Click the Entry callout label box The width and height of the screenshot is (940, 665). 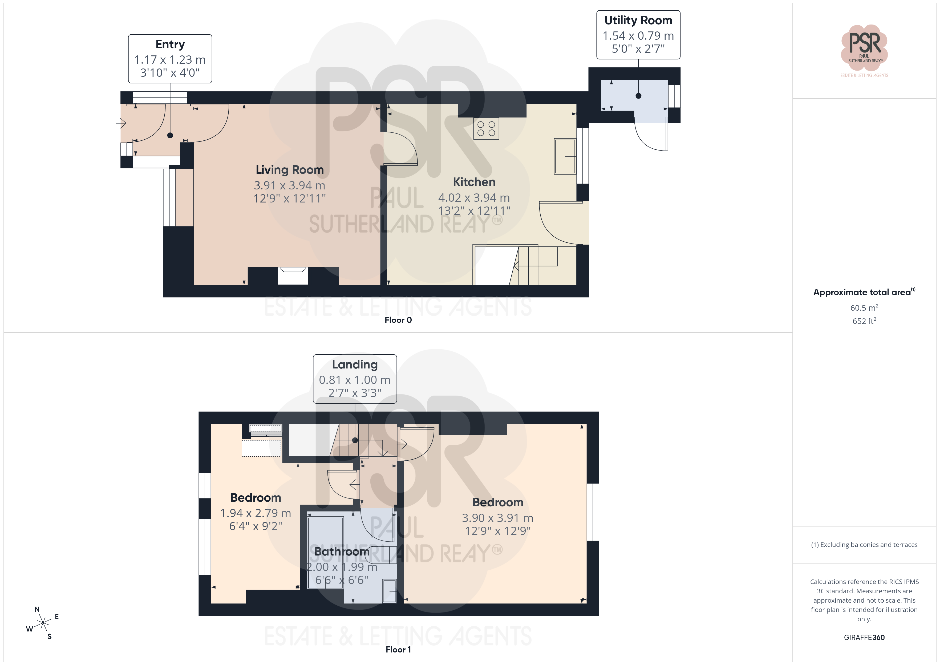(170, 59)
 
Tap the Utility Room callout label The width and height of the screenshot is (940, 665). (638, 35)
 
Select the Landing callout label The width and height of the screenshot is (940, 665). (355, 379)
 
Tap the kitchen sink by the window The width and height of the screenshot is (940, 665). (565, 156)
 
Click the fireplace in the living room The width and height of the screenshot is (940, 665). (293, 275)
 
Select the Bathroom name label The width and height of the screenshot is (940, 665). (342, 552)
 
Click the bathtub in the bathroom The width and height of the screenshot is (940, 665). (326, 553)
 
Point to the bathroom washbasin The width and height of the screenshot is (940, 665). (389, 591)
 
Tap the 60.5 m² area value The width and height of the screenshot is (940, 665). (864, 307)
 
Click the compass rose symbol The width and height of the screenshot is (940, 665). (43, 623)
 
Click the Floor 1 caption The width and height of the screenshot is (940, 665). (398, 650)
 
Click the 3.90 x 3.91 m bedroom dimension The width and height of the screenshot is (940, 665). (497, 518)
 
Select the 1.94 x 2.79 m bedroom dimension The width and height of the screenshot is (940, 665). (256, 513)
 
